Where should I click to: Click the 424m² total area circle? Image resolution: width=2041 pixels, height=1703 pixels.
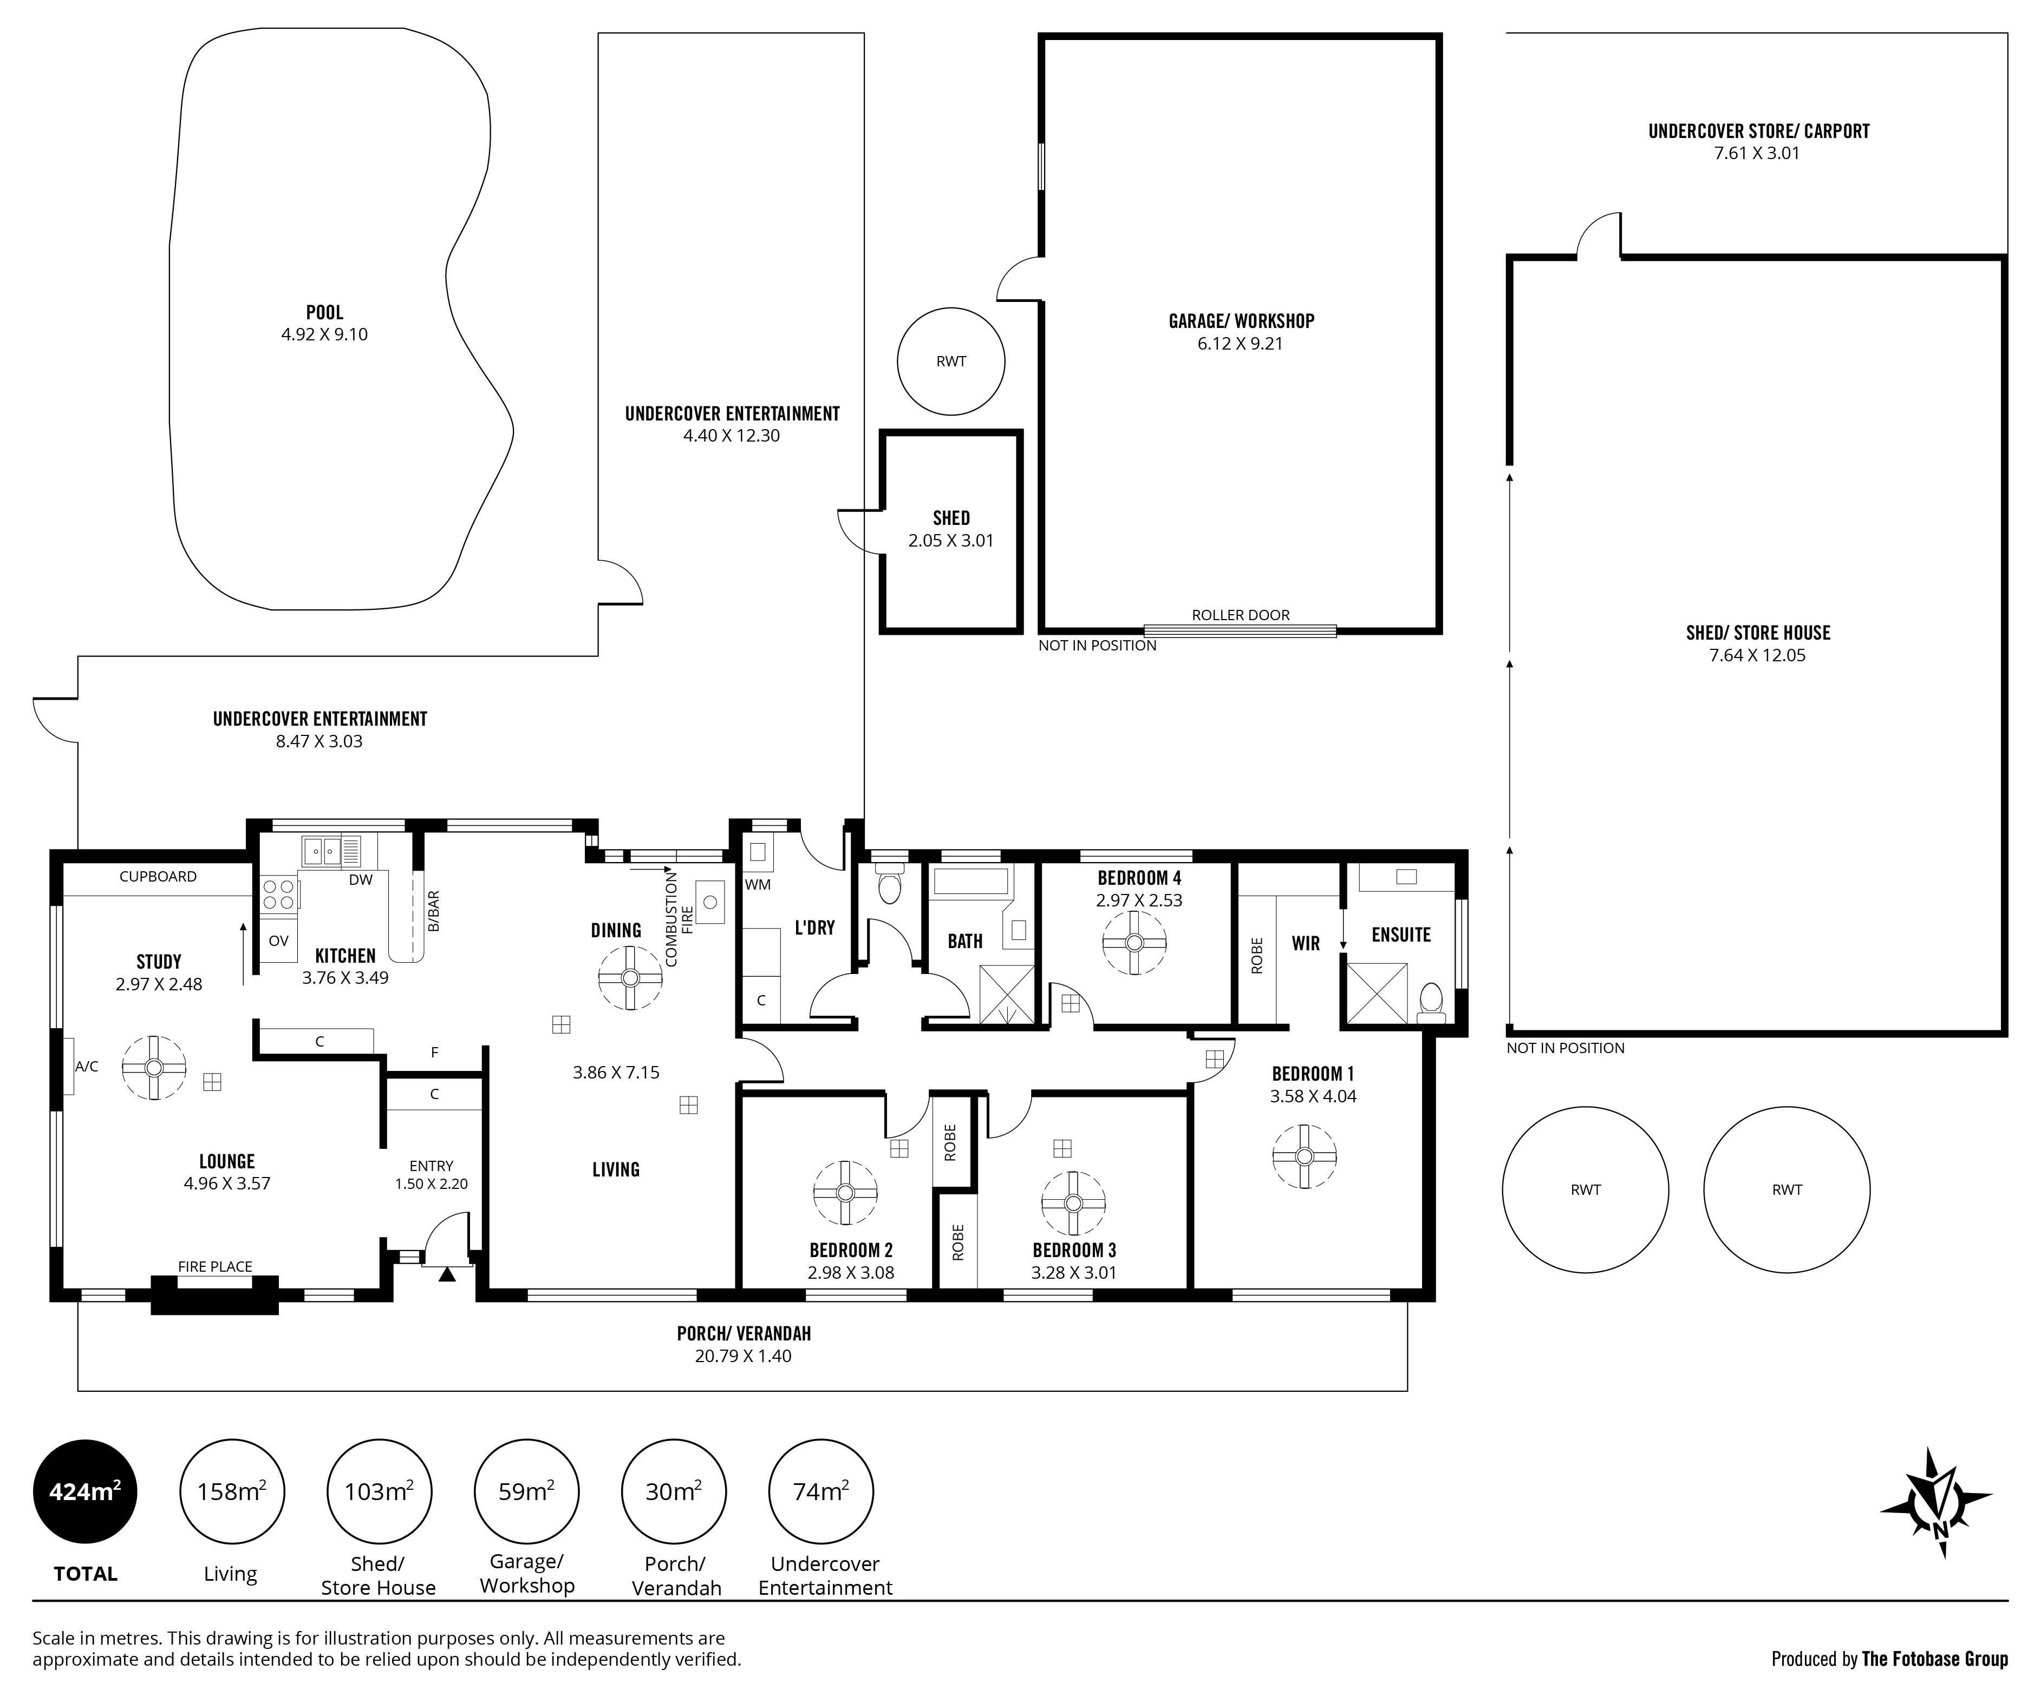point(86,1491)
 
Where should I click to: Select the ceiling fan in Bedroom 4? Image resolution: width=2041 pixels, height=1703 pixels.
point(1134,942)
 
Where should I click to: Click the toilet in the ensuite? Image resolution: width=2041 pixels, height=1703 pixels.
point(1431,1001)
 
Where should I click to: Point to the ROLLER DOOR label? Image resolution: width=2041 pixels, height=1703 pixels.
point(1240,615)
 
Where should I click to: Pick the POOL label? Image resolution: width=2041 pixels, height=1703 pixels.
point(324,313)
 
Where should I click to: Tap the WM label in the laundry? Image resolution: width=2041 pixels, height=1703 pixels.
point(758,884)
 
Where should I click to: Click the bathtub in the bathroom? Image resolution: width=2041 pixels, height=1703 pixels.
point(971,881)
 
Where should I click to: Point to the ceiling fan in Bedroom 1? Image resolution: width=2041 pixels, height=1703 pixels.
point(1305,1156)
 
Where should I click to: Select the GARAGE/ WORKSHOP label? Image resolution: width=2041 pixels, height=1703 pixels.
point(1241,320)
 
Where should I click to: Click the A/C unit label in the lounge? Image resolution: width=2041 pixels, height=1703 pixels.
point(87,1067)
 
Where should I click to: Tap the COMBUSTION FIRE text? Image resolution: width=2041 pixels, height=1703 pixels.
point(679,918)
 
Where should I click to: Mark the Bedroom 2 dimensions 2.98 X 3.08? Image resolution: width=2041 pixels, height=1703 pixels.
point(850,1273)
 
